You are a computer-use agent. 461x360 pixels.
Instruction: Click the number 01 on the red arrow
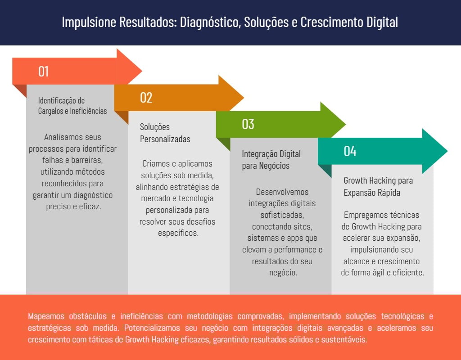[x=44, y=72]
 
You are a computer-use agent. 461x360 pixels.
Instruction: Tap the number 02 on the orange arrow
[x=146, y=98]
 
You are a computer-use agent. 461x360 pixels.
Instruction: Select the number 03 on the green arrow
[x=248, y=124]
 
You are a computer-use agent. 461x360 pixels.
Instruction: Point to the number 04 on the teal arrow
[x=350, y=151]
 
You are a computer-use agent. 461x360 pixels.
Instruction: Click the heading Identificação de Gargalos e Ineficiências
[x=72, y=106]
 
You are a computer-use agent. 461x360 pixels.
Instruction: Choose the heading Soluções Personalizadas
[x=165, y=133]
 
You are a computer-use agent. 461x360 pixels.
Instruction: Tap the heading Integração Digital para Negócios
[x=271, y=160]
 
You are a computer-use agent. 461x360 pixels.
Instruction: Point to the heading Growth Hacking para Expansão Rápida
[x=378, y=186]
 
